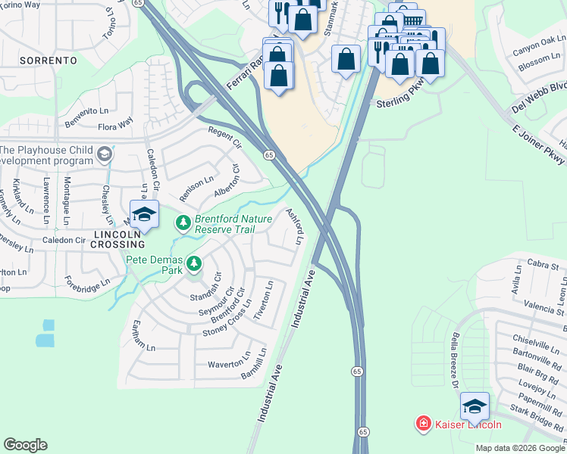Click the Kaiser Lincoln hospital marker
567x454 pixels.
423,424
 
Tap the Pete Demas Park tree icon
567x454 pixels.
195,263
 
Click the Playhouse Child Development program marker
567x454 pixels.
105,156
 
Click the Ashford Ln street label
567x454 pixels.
294,226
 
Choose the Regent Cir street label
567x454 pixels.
224,138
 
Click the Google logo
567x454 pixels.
25,444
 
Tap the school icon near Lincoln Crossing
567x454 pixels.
143,215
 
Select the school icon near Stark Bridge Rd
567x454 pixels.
475,407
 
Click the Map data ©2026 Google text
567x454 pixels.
519,448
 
